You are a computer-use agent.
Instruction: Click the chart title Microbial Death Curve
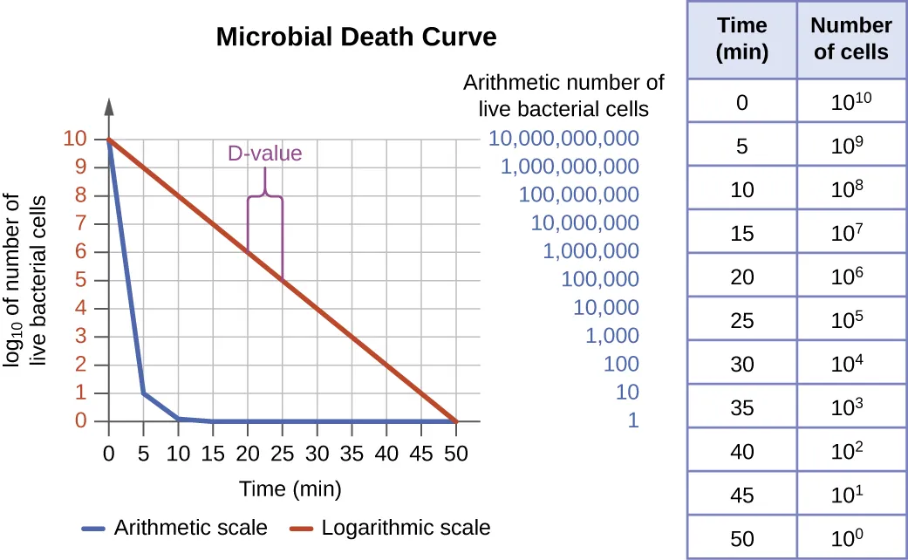pyautogui.click(x=356, y=38)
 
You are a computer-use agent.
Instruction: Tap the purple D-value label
pyautogui.click(x=265, y=154)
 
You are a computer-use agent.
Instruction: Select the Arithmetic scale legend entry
pyautogui.click(x=174, y=528)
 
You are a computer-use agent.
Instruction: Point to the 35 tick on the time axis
pyautogui.click(x=352, y=454)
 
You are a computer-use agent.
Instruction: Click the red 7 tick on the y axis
pyautogui.click(x=81, y=223)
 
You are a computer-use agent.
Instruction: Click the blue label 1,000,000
pyautogui.click(x=591, y=251)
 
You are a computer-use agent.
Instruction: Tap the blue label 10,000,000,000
pyautogui.click(x=563, y=138)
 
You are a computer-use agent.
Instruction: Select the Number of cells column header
pyautogui.click(x=850, y=39)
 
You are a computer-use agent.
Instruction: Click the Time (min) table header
pyautogui.click(x=741, y=39)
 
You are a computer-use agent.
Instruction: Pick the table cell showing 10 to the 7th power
pyautogui.click(x=850, y=231)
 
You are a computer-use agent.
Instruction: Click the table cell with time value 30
pyautogui.click(x=741, y=362)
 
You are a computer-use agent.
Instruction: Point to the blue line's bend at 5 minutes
pyautogui.click(x=143, y=393)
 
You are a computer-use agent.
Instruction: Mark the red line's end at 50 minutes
pyautogui.click(x=455, y=421)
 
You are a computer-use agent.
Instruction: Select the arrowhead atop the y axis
pyautogui.click(x=109, y=106)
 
